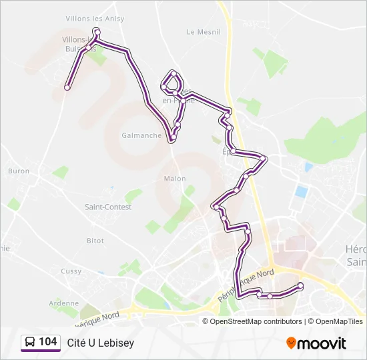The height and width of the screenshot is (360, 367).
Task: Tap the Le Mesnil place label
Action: click(x=199, y=31)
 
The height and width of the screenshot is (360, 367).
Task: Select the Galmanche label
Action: click(x=141, y=135)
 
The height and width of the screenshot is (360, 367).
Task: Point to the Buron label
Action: click(x=19, y=171)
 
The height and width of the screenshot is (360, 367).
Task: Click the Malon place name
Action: click(x=175, y=179)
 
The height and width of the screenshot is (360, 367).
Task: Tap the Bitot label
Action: click(x=95, y=240)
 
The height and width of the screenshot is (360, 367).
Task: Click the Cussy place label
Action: click(x=71, y=271)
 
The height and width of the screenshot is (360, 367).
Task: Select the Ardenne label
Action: click(x=63, y=303)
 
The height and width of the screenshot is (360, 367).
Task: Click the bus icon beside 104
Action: click(x=29, y=342)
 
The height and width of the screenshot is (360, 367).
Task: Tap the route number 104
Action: click(x=47, y=342)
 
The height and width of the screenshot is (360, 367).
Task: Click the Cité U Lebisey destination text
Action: click(x=100, y=343)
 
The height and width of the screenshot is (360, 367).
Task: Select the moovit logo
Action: click(x=316, y=343)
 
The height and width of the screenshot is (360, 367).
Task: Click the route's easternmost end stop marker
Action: click(x=300, y=285)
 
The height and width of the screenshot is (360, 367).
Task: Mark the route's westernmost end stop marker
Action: click(x=67, y=87)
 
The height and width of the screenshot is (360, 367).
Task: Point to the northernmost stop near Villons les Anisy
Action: click(x=97, y=32)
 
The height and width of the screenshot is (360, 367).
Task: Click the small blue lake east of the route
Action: click(x=302, y=192)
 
